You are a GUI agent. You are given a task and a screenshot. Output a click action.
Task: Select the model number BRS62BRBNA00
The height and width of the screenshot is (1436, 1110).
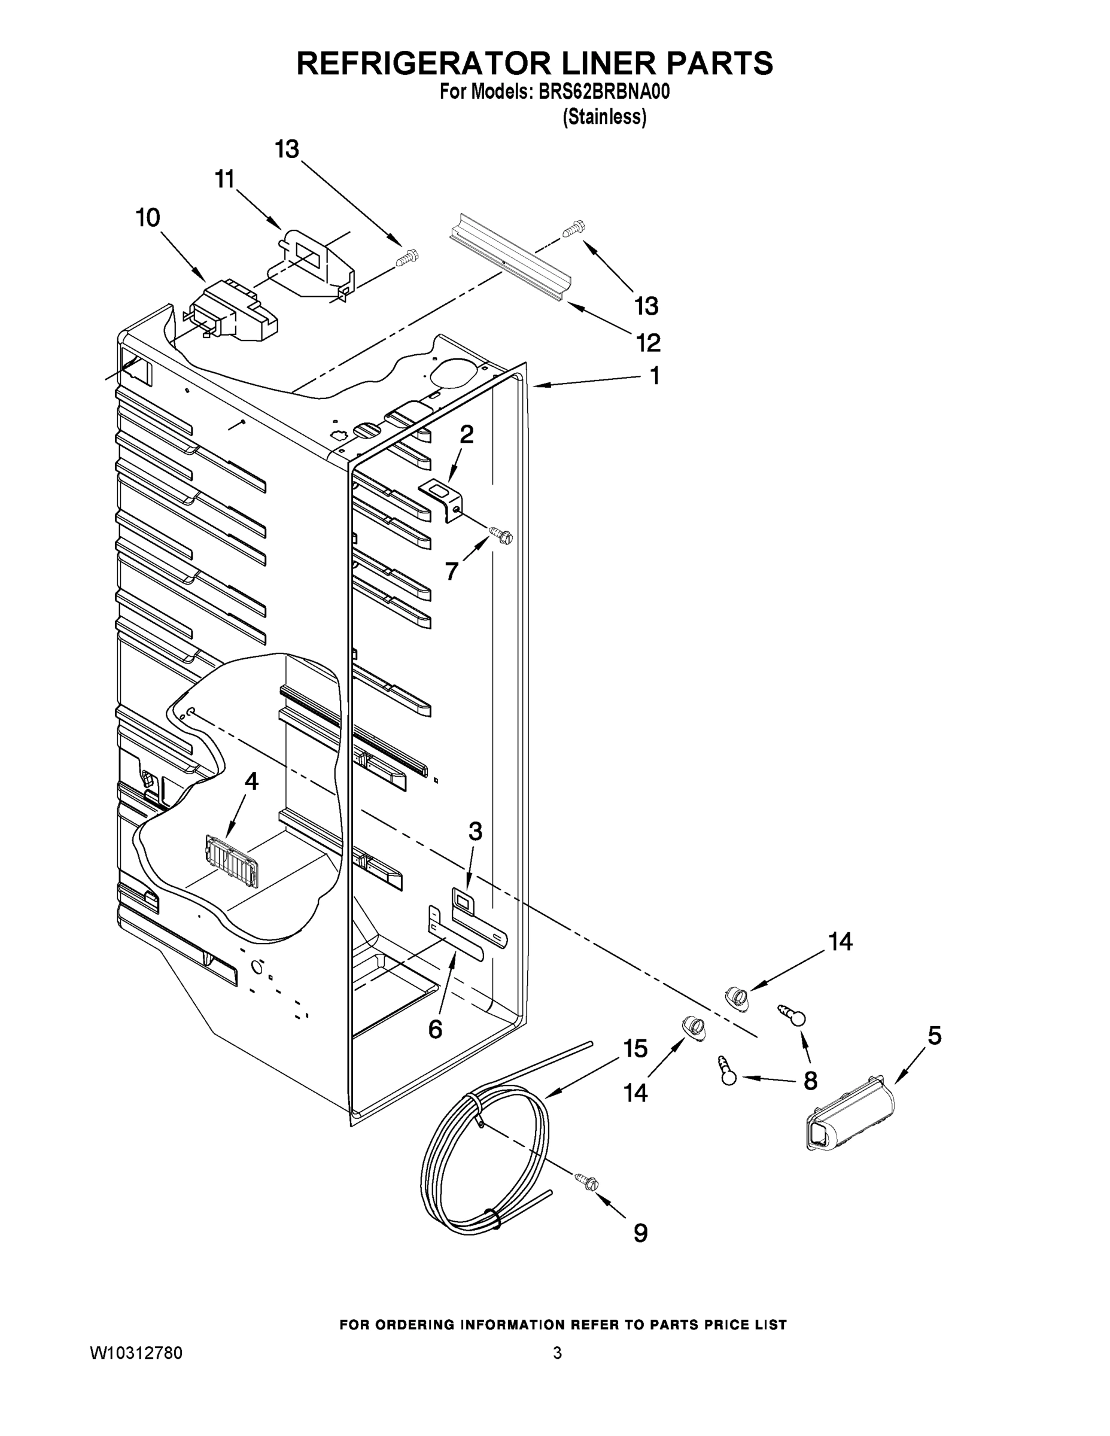tap(604, 93)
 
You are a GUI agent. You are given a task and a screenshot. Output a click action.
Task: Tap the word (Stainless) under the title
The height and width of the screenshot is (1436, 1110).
tap(604, 117)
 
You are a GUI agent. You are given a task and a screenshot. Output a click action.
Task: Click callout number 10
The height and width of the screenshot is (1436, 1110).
tap(148, 218)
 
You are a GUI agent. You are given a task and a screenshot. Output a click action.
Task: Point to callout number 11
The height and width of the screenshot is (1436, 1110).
tap(225, 179)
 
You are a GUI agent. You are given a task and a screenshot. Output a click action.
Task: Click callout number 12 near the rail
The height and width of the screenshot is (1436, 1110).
tap(647, 343)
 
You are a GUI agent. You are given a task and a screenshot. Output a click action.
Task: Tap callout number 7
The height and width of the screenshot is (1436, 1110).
tap(451, 571)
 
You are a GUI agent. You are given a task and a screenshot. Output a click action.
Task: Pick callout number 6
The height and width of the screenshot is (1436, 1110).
tap(435, 1030)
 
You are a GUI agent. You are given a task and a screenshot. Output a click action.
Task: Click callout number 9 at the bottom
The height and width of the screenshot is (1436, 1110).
tap(640, 1233)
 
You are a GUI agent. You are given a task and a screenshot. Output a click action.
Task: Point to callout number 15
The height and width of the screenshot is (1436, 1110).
tap(636, 1048)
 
